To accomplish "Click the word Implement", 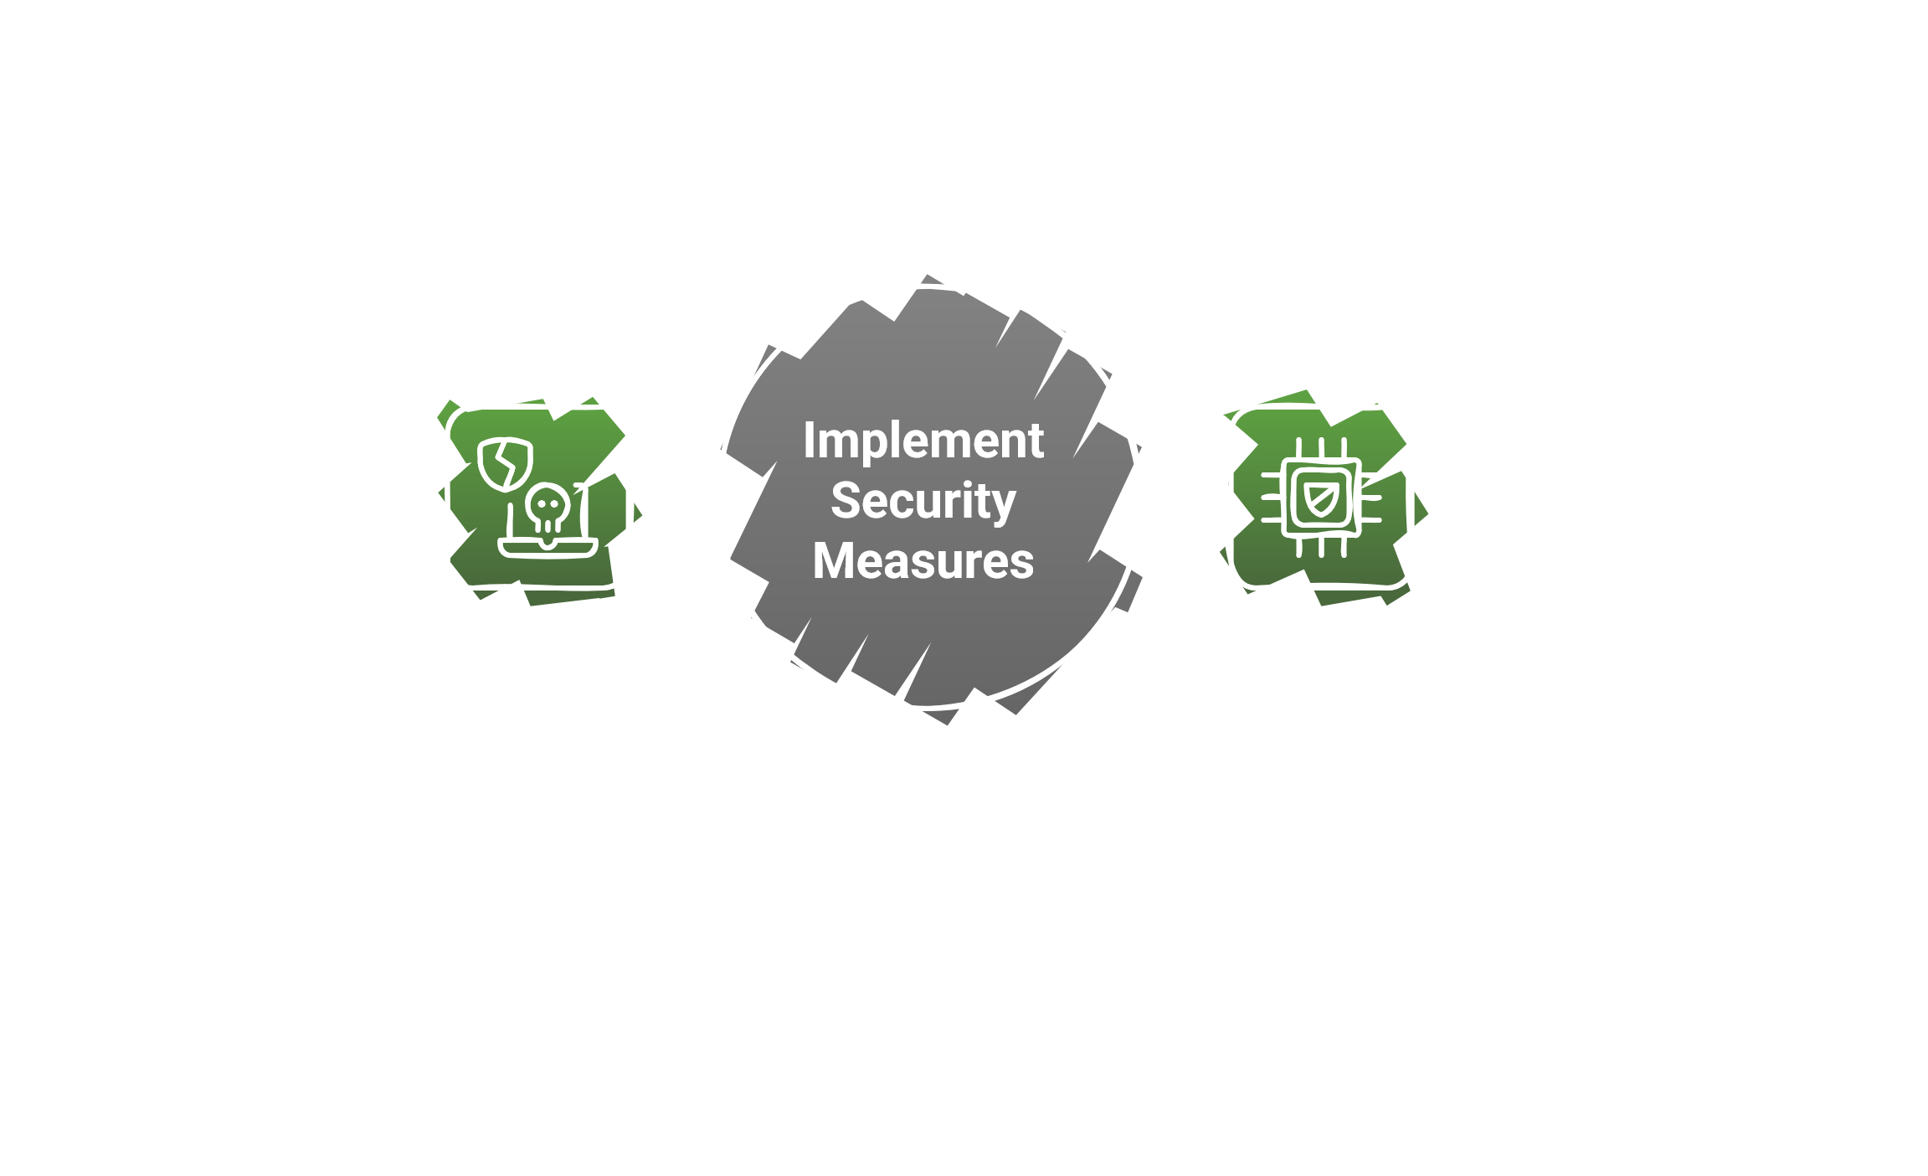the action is coord(923,441).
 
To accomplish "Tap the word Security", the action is coord(923,501).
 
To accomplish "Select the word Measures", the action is coord(923,561).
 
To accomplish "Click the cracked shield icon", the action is coord(505,464).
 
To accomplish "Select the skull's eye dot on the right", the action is coord(553,503).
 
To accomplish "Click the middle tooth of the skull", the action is coord(548,527).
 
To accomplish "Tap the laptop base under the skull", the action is coord(548,549).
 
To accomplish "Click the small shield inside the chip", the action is coord(1321,499).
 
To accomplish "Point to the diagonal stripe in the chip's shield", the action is coord(1322,499).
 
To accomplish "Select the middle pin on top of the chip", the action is coord(1322,448).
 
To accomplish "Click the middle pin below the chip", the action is coord(1322,547).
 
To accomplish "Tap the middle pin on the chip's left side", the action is coord(1272,498).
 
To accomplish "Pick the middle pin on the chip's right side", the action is coord(1371,498).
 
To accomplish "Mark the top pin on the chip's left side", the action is coord(1272,475).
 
